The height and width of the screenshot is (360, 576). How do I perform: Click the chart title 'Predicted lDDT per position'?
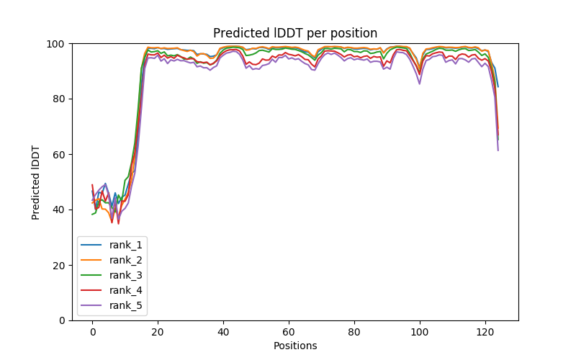(x=295, y=33)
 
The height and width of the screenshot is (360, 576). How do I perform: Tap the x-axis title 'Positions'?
(x=295, y=346)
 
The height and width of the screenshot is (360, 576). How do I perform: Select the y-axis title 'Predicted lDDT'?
(x=36, y=182)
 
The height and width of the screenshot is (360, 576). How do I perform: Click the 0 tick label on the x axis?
(x=92, y=332)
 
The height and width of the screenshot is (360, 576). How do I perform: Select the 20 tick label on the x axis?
(x=158, y=332)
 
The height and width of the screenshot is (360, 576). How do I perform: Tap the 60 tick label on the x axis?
(x=289, y=332)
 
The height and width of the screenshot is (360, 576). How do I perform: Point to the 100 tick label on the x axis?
(x=420, y=332)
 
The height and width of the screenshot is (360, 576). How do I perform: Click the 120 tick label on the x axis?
(x=485, y=332)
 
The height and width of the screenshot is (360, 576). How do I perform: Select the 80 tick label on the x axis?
(x=354, y=332)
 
